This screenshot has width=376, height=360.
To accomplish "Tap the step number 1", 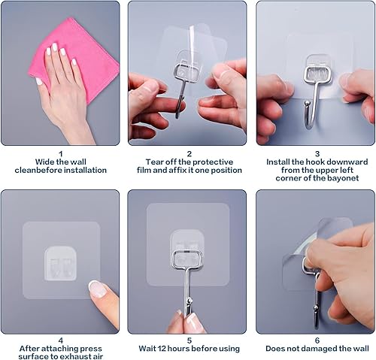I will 60,153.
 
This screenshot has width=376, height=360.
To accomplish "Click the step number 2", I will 189,153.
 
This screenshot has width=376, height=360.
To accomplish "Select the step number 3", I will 317,153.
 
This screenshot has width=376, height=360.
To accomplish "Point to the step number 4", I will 60,340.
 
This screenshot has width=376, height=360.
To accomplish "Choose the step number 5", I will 189,340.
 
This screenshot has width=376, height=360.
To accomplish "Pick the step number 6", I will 317,340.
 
